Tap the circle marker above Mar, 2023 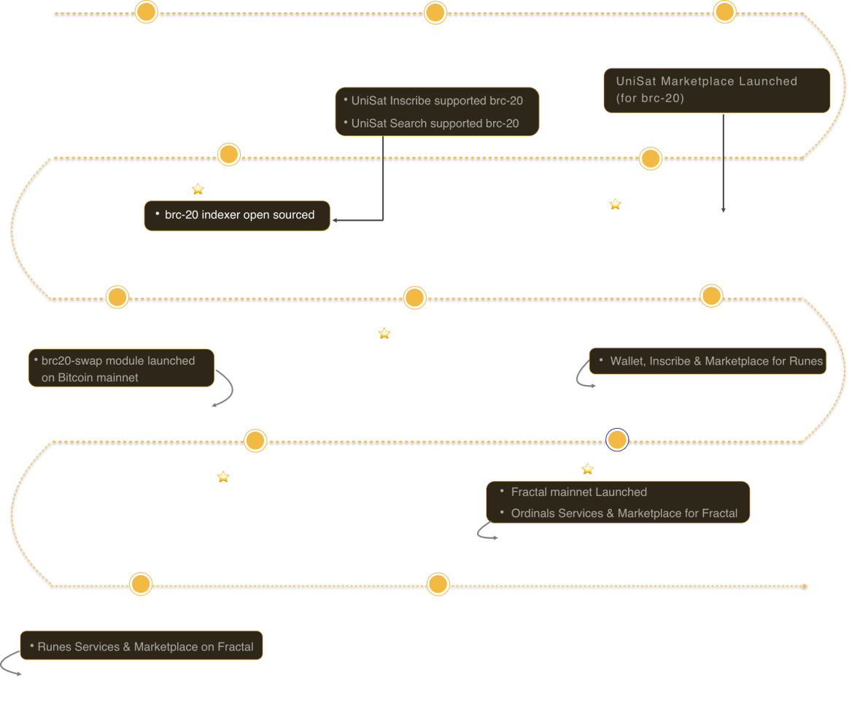pyautogui.click(x=435, y=12)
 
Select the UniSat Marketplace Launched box pyautogui.click(x=716, y=90)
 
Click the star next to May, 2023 pyautogui.click(x=198, y=189)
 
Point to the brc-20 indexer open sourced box pyautogui.click(x=237, y=215)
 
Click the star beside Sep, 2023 pyautogui.click(x=615, y=204)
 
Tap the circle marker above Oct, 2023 pyautogui.click(x=117, y=297)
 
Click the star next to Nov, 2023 pyautogui.click(x=384, y=333)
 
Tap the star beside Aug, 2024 pyautogui.click(x=223, y=477)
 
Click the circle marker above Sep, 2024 pyautogui.click(x=617, y=440)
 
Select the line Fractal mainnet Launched pyautogui.click(x=578, y=492)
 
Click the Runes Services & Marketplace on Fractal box pyautogui.click(x=141, y=646)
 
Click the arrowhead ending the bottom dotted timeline pyautogui.click(x=805, y=586)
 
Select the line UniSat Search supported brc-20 pyautogui.click(x=435, y=123)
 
